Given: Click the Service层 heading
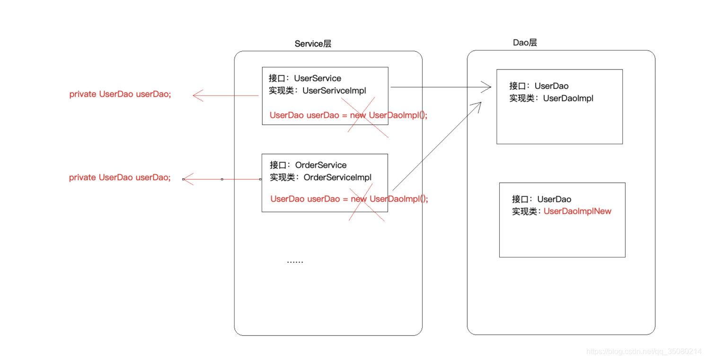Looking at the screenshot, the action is tap(313, 44).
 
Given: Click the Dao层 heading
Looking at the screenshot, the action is tap(525, 43).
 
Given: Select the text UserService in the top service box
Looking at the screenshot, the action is tap(318, 78).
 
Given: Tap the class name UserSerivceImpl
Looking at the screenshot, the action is tap(334, 91).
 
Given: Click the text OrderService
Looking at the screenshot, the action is tap(320, 165).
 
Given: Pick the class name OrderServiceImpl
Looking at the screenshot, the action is tap(337, 177).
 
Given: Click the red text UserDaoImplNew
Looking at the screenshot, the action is tap(577, 211).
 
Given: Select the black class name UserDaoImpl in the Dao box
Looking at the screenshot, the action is tap(568, 98).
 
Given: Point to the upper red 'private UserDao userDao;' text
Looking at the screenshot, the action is tap(120, 94).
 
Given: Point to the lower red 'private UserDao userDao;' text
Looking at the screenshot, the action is tap(120, 178).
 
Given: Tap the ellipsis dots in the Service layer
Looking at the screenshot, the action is tap(295, 262).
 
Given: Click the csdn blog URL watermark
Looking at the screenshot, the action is tap(644, 351).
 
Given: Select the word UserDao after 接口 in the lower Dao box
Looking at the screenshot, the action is tap(554, 199).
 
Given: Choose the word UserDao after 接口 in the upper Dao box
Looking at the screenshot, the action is tap(552, 86).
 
